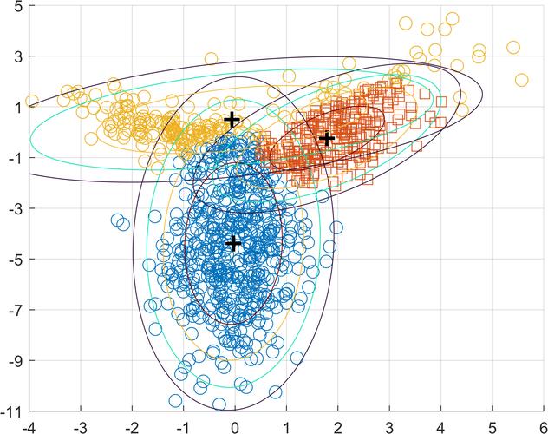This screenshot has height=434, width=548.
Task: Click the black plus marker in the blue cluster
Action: [x=232, y=243]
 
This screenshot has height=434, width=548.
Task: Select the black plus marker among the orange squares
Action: [x=327, y=138]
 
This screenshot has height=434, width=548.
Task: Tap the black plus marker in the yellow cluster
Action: [x=232, y=120]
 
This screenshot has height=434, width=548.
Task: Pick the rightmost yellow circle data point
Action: [x=521, y=80]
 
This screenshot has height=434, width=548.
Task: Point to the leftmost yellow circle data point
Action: [x=32, y=102]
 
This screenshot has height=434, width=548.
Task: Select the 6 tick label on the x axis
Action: [x=542, y=424]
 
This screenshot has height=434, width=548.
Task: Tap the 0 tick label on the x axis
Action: [x=235, y=424]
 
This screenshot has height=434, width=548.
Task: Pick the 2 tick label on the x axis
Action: [x=337, y=424]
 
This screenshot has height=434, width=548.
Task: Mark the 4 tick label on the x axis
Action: [x=440, y=424]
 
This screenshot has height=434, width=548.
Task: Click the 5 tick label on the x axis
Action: [x=492, y=424]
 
